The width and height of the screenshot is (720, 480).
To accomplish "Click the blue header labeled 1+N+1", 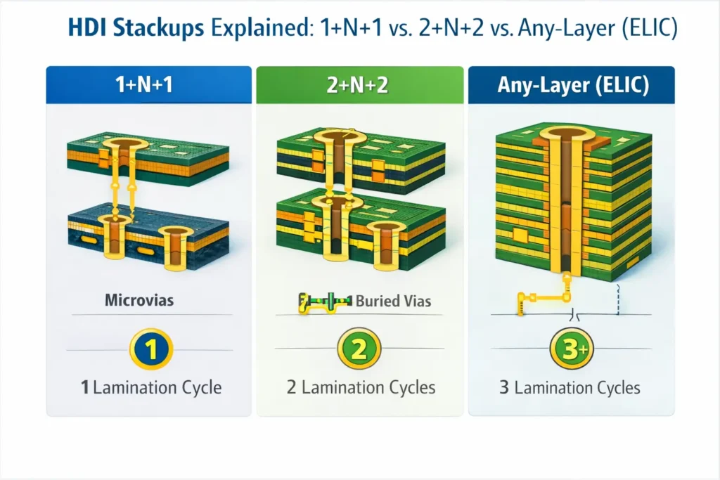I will tap(148, 86).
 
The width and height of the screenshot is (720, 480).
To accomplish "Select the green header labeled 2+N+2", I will tap(359, 86).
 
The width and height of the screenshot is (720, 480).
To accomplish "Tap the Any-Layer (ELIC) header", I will tap(571, 86).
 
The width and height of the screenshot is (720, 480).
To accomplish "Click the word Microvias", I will tap(139, 301).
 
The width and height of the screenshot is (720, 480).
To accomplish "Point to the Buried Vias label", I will tap(394, 301).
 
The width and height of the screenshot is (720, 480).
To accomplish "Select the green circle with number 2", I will tap(359, 349).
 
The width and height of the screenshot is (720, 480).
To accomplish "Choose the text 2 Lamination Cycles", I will tap(361, 387).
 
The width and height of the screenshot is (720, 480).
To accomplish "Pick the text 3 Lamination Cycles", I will tap(570, 387).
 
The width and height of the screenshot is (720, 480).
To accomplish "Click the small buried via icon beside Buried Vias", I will tap(323, 302).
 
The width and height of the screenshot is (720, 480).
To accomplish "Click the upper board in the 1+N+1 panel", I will tap(148, 158).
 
